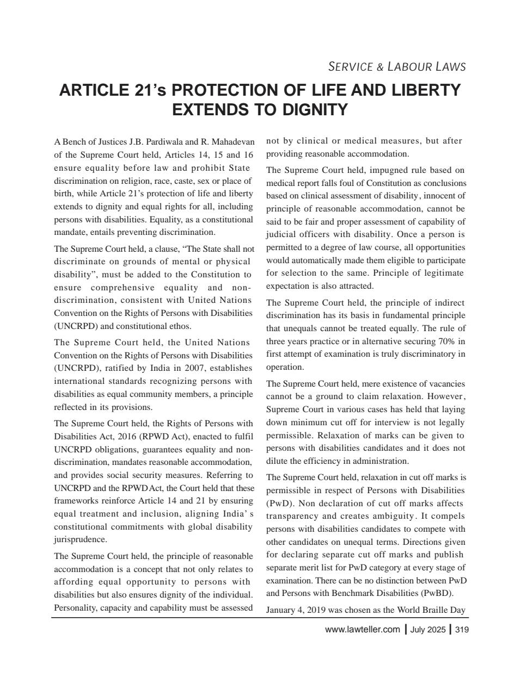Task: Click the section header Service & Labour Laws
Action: pos(397,67)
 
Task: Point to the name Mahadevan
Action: pos(233,142)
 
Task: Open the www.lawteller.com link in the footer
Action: pos(362,630)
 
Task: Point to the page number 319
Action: pos(462,630)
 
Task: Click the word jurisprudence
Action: pos(81,539)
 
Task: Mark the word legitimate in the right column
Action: pos(442,273)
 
